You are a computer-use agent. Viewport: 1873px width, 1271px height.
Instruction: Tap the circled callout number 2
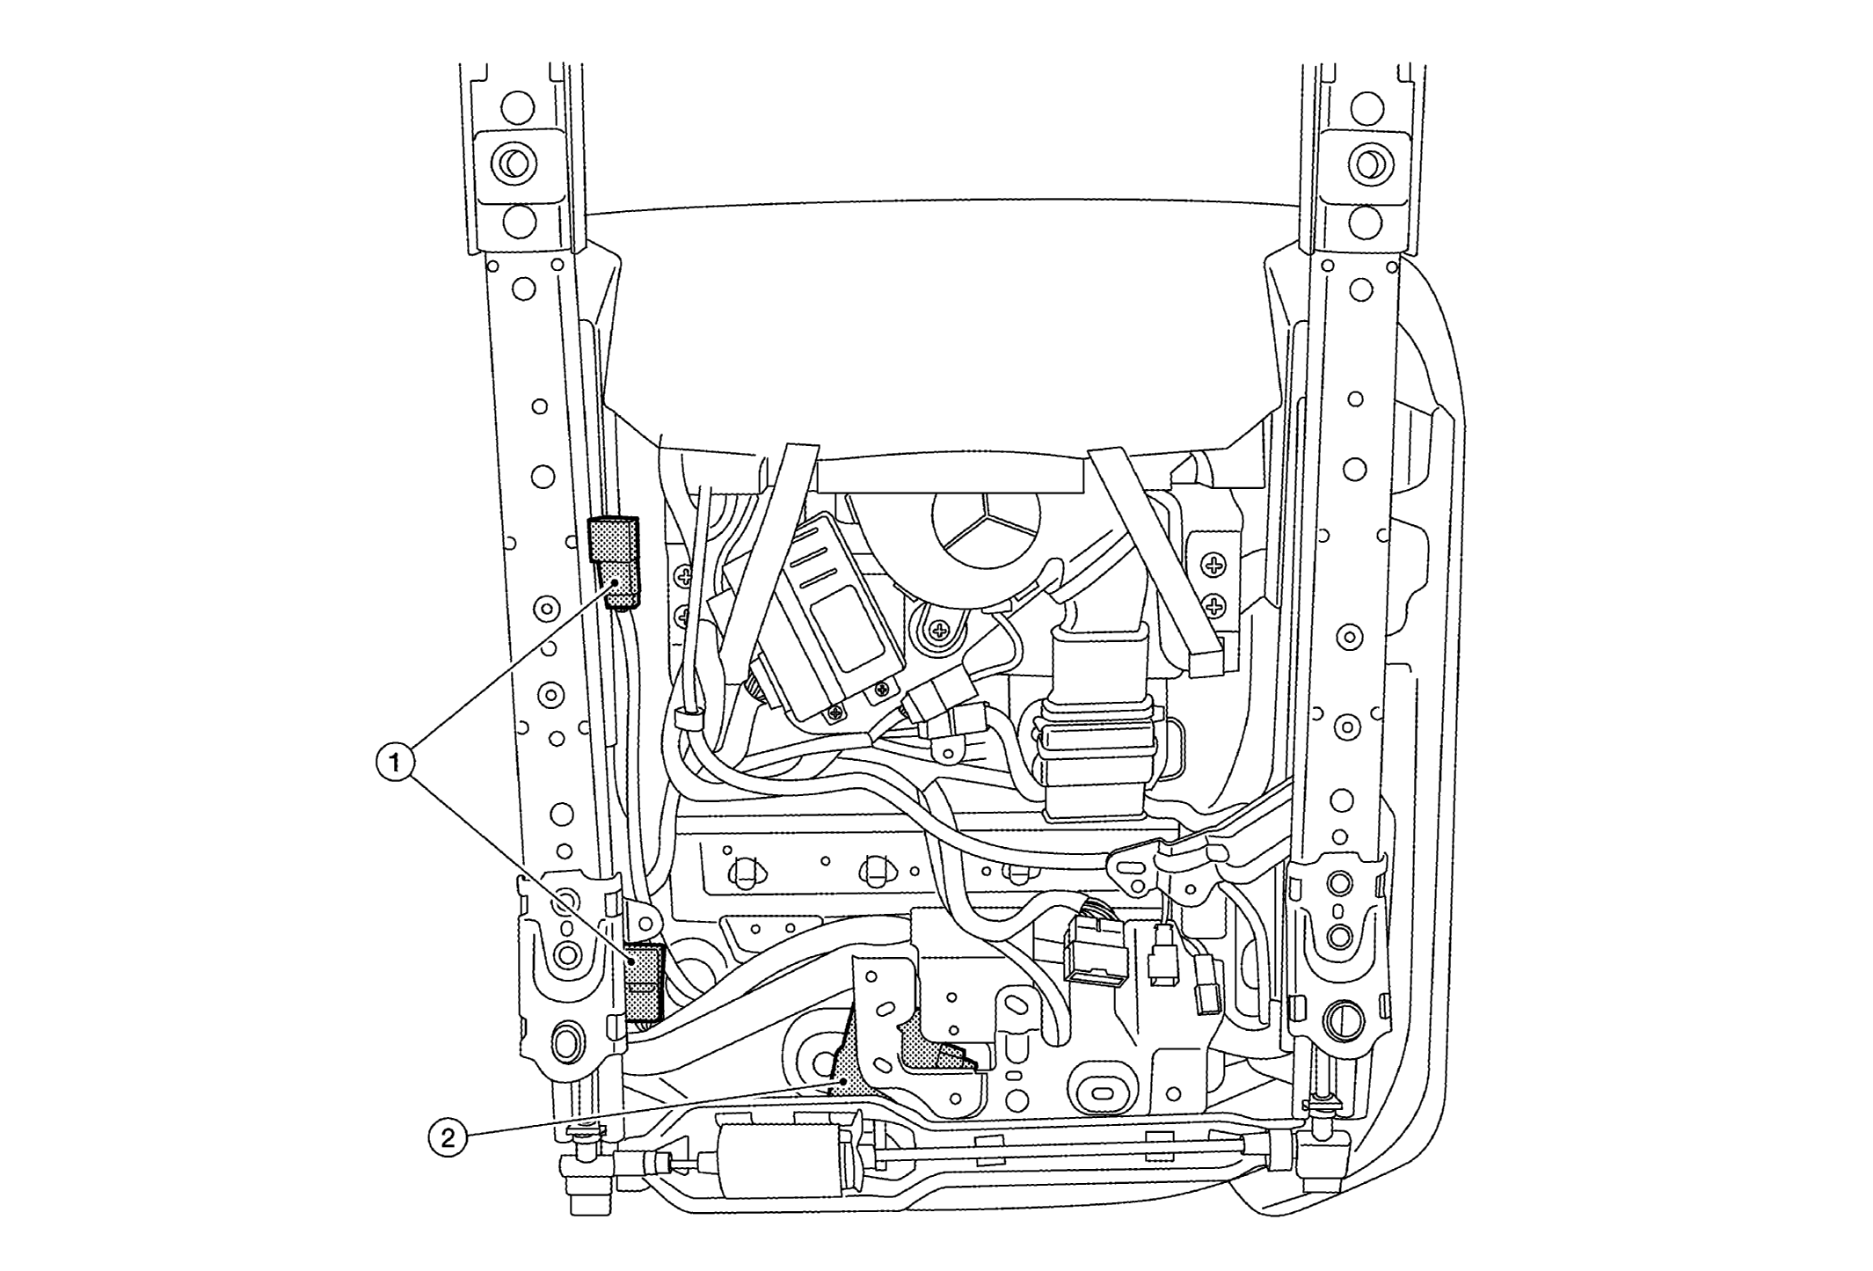coord(448,1138)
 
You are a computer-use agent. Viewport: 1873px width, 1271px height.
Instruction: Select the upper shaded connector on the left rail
coord(614,561)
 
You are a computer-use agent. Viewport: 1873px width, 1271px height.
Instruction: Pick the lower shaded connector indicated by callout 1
coord(644,980)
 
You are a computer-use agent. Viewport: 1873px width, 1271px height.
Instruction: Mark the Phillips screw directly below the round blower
coord(940,630)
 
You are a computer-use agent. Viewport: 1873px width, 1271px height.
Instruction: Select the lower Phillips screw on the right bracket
coord(1214,606)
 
